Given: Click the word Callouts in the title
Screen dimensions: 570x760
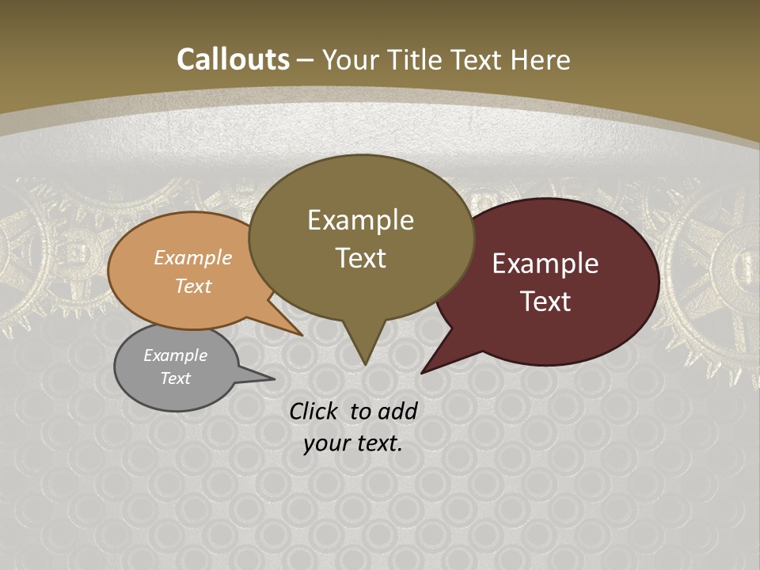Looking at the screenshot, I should click(233, 59).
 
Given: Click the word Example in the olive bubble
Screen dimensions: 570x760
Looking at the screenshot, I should click(360, 220).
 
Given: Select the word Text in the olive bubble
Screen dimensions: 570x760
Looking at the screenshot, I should click(360, 258).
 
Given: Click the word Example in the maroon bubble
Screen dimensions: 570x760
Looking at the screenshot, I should click(545, 264).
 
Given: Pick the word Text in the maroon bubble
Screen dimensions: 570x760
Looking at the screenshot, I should click(545, 302).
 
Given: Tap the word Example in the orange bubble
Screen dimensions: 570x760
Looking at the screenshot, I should click(193, 258).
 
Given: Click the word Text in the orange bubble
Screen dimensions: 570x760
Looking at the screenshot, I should click(193, 286).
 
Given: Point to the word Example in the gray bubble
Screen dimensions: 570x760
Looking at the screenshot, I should click(175, 355).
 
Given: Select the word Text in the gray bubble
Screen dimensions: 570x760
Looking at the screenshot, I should click(175, 378).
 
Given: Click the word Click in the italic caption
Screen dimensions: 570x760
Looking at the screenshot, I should click(315, 411).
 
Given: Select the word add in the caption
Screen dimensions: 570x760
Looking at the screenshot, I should click(398, 411).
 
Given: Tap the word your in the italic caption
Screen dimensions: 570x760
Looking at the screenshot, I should click(325, 443).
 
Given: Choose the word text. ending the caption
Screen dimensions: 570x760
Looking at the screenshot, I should click(377, 443).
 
